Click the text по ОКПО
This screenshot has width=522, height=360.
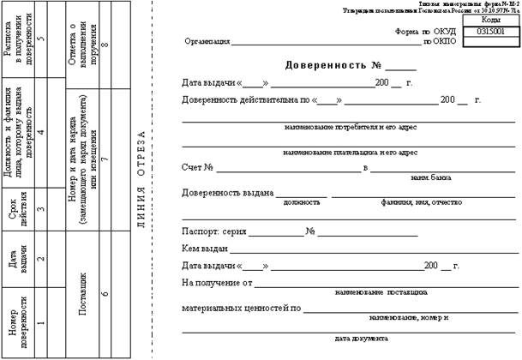tap(440, 41)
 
